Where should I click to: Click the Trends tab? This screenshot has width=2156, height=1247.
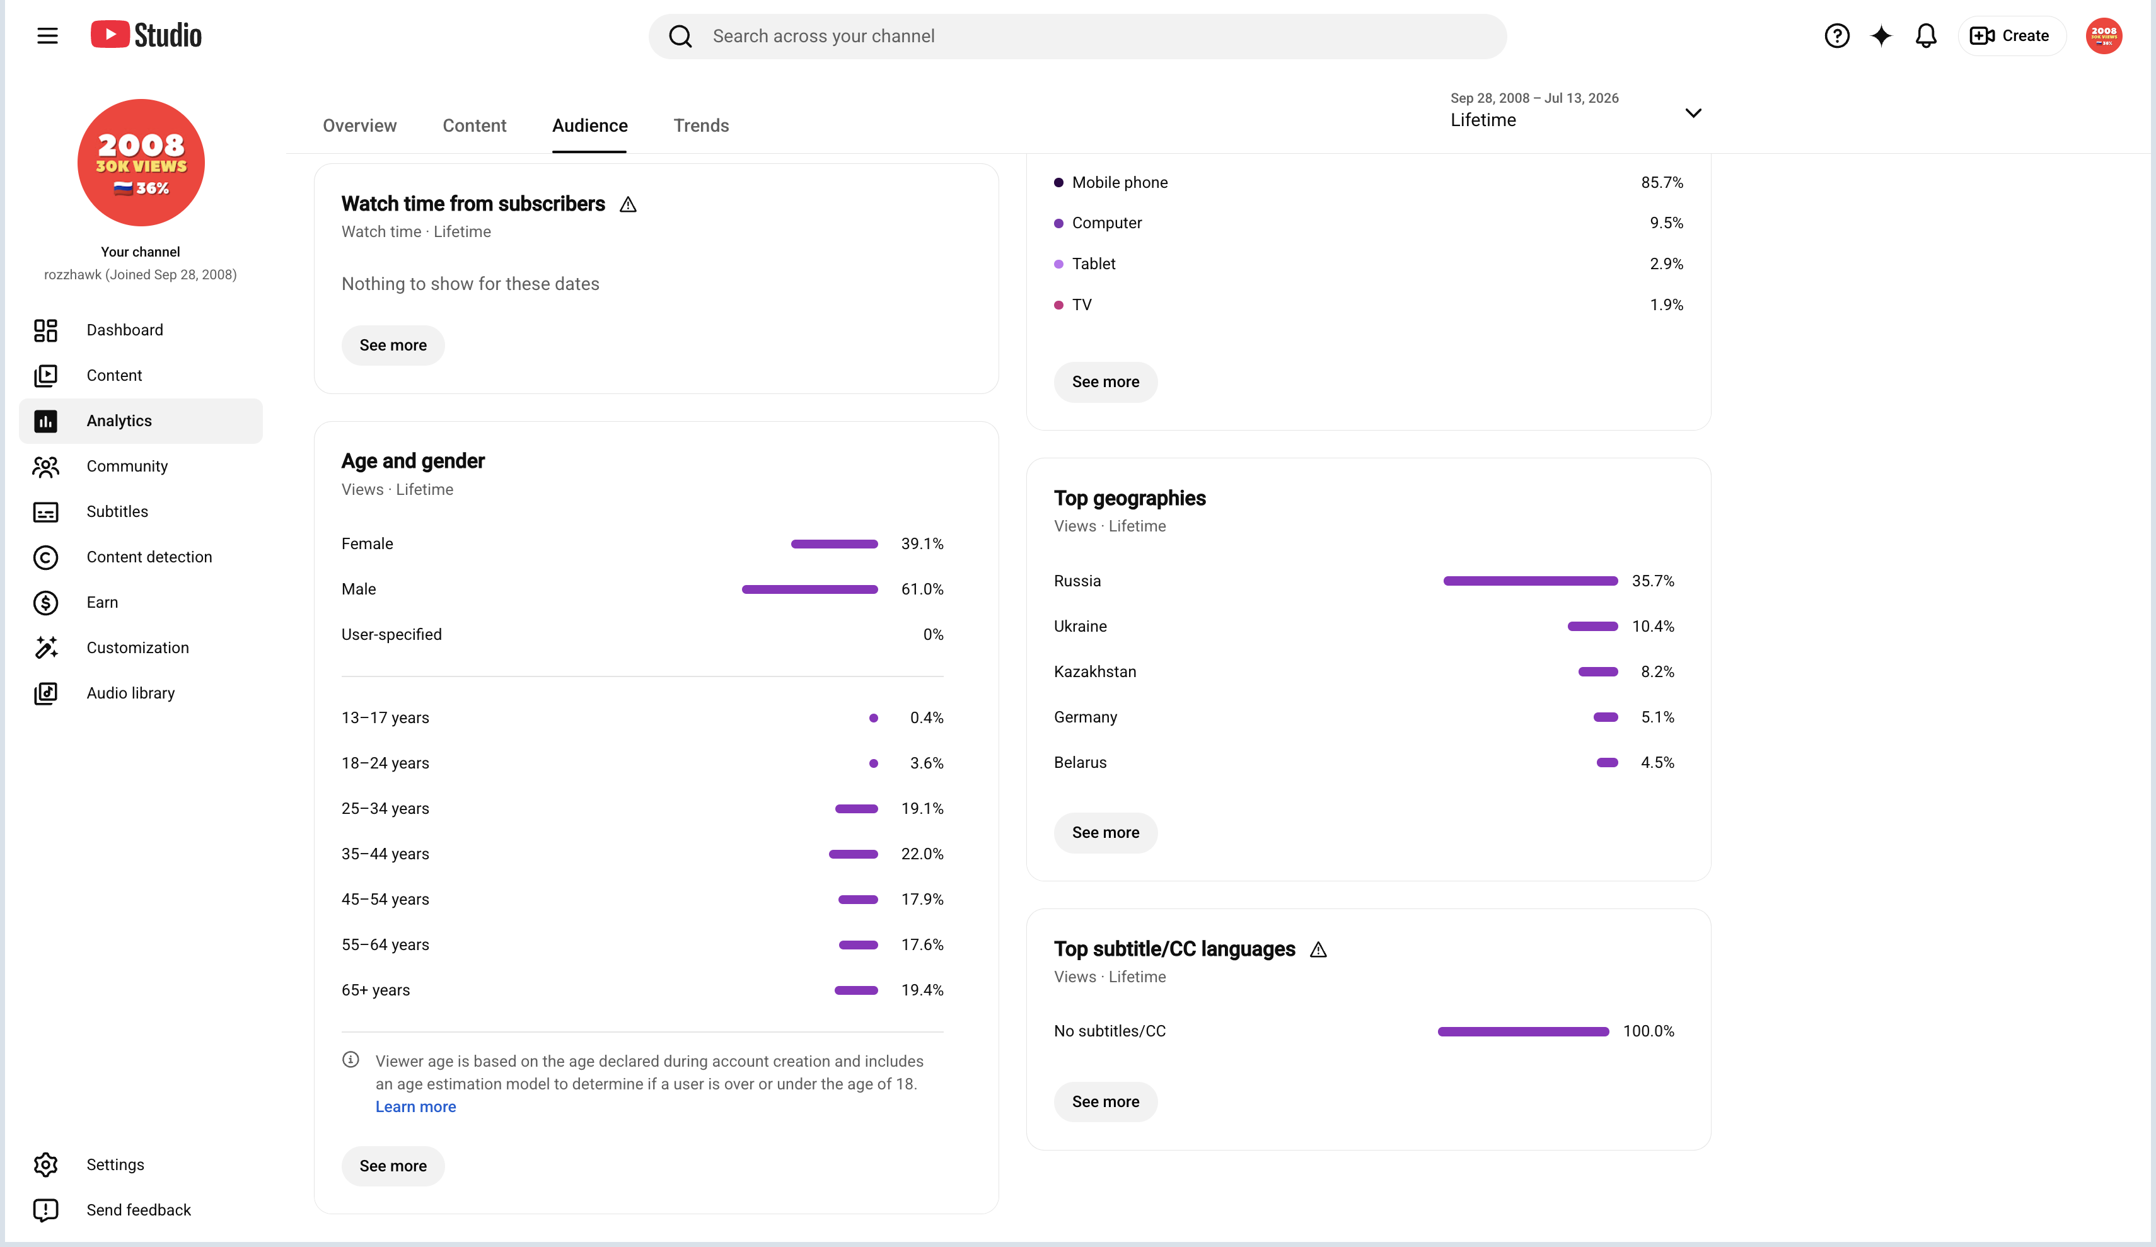701,126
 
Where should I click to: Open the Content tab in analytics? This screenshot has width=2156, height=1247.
474,126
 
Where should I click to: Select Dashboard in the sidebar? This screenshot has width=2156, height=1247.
124,330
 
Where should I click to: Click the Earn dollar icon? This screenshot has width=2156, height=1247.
45,603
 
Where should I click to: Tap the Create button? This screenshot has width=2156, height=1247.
2010,36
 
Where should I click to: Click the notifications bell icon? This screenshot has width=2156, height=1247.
1926,36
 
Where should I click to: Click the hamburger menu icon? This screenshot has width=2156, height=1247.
47,36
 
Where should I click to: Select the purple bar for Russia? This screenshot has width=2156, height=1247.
1530,581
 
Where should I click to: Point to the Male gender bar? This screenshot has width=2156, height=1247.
809,589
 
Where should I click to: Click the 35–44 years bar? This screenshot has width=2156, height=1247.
853,854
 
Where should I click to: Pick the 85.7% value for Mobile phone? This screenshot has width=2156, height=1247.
1662,182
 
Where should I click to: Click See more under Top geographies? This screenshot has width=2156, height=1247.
1105,833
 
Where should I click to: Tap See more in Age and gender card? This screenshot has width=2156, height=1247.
393,1166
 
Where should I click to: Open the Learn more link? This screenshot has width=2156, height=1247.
416,1106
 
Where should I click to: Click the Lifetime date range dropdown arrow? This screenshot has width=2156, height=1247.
1693,113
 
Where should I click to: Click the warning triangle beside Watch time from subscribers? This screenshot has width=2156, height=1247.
628,204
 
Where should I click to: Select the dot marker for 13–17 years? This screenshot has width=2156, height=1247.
874,718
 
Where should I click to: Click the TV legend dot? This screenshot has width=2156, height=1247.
1058,304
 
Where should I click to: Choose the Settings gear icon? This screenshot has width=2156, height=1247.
45,1165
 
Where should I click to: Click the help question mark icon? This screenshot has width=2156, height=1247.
1837,36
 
